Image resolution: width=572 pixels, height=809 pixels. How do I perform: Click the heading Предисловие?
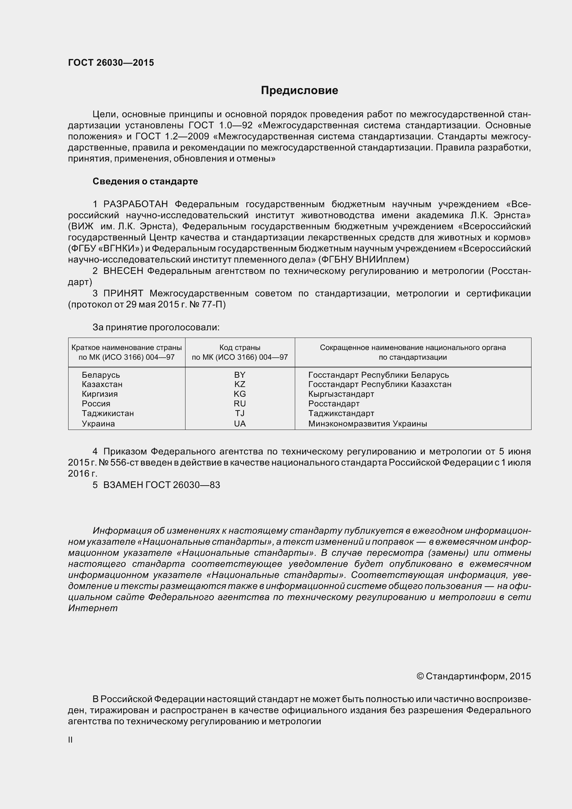click(299, 91)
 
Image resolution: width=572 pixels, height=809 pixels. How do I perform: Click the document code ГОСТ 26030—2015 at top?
click(111, 63)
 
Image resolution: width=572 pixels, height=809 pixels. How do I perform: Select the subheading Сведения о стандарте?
click(145, 182)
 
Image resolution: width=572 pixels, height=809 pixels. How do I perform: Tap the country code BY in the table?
click(240, 375)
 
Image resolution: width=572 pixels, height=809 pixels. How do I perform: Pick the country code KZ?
click(240, 384)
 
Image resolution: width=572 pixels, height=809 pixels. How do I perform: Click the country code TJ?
click(240, 413)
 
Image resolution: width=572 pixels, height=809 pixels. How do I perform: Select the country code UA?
click(240, 424)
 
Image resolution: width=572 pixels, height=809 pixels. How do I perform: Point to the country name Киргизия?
click(100, 394)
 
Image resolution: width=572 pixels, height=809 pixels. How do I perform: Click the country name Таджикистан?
click(108, 413)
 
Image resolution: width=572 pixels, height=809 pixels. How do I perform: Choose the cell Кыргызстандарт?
click(341, 394)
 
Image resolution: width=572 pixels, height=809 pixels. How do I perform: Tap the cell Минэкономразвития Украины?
click(367, 424)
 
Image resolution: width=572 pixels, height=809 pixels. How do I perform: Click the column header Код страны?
click(240, 347)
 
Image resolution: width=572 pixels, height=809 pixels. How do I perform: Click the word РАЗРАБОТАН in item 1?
click(135, 204)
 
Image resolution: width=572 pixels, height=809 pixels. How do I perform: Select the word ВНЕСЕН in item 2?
click(123, 271)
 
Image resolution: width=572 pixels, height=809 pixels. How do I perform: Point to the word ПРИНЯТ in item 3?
click(123, 294)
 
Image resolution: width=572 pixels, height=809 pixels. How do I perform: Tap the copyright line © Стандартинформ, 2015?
click(473, 676)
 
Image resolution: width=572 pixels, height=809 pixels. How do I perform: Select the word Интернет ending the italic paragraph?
click(93, 608)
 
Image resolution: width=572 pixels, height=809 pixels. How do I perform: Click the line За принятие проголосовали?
click(156, 327)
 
